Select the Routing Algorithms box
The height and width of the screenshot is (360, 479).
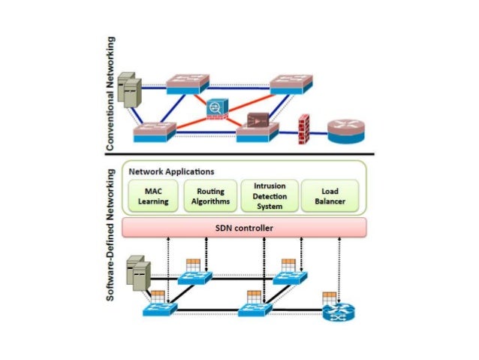205,195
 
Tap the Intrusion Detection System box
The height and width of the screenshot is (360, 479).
268,195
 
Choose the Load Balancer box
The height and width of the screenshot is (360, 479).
328,195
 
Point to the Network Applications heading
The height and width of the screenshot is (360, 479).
166,171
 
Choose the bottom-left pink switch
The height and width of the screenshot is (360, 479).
154,133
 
